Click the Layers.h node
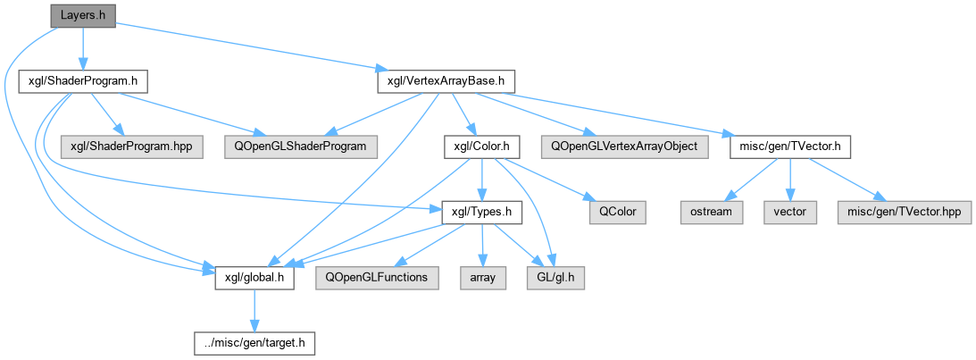pos(82,15)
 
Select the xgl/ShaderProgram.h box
pos(83,81)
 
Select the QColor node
pos(617,212)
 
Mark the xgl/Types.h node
pos(481,212)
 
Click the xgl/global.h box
pos(254,278)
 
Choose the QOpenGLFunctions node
pos(377,278)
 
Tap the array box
pos(483,278)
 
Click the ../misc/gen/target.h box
pos(254,343)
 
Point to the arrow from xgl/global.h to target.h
pos(254,310)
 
